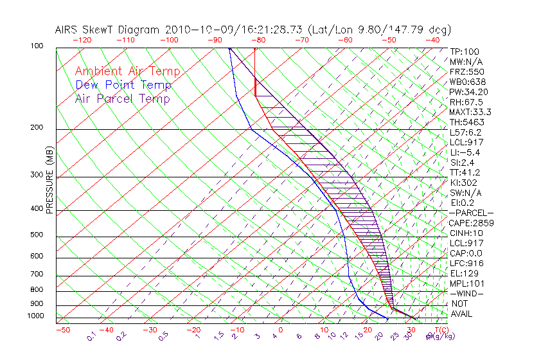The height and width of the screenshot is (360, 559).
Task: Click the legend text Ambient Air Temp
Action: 127,72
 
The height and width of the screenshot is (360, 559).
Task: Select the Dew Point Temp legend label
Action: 123,85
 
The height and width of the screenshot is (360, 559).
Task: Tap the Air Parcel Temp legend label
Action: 122,99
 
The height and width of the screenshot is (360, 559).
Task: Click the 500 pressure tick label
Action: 37,235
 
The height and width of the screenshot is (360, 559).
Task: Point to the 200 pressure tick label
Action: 37,128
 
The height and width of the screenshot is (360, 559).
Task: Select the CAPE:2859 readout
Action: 470,223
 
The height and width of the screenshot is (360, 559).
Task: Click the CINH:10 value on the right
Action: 466,233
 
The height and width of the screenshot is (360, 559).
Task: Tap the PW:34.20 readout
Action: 468,92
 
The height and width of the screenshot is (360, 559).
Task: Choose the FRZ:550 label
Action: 466,72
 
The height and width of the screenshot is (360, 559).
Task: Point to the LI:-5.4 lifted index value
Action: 465,152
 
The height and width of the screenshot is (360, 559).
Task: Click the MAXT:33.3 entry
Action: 470,112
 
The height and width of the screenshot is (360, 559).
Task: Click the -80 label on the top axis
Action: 258,40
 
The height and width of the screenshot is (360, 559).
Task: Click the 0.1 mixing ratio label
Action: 92,336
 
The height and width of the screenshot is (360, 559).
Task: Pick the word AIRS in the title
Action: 67,30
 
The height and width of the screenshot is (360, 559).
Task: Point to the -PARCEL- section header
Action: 472,213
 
